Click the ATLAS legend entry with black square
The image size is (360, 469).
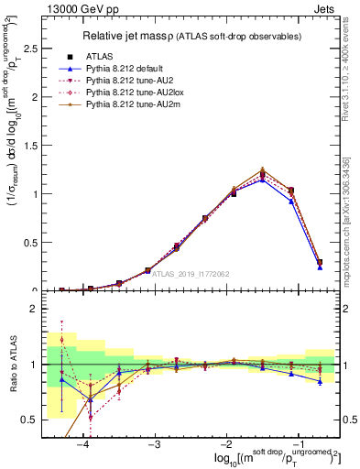[98, 56]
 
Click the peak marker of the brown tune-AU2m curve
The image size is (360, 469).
[263, 169]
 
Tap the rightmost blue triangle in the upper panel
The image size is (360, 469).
[320, 267]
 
